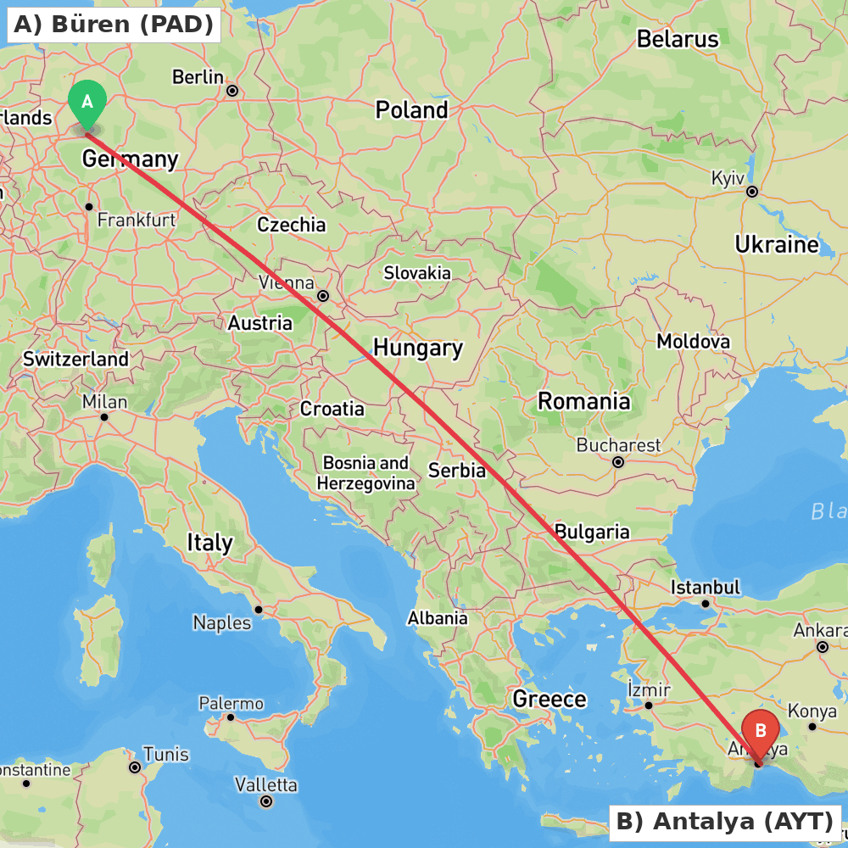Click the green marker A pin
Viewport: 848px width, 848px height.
pos(86,104)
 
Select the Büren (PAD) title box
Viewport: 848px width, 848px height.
pos(114,25)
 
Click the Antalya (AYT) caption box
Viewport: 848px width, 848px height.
pos(725,822)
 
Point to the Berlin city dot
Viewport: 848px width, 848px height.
pos(232,90)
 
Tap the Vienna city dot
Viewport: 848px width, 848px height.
pos(323,296)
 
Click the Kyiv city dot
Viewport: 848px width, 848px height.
pos(751,192)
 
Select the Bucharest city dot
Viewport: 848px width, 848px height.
pos(618,462)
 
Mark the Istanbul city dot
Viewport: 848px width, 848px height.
pos(705,604)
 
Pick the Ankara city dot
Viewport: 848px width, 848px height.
pos(822,647)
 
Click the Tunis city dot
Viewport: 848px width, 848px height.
pos(135,767)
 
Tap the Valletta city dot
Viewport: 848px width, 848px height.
pos(266,801)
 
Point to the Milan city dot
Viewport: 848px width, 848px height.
pos(104,416)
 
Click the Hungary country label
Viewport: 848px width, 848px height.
pos(418,348)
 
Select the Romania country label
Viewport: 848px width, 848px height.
pos(584,401)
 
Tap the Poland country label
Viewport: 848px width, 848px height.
pos(411,110)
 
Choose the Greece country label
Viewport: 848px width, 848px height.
pos(550,699)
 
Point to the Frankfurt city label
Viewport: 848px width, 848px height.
pos(137,220)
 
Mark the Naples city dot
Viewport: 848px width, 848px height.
pos(259,610)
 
